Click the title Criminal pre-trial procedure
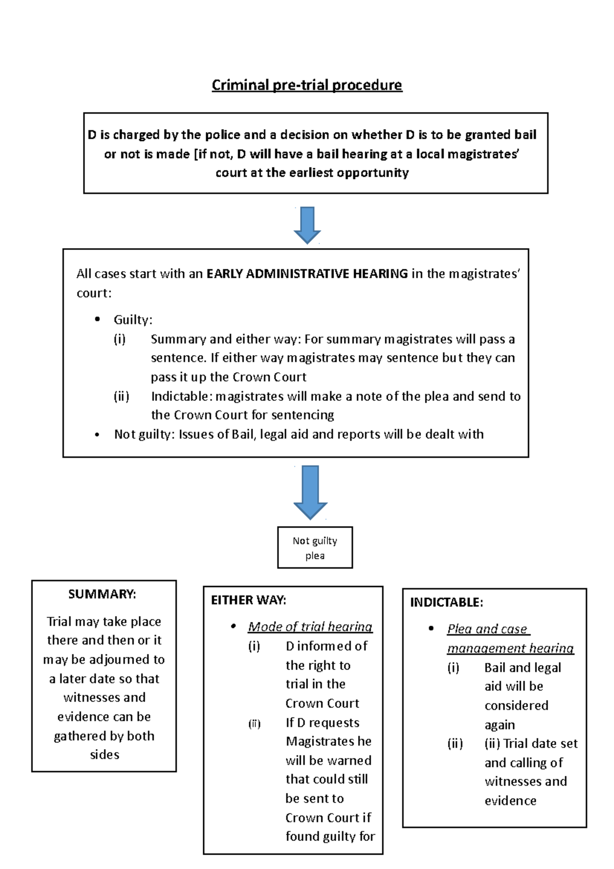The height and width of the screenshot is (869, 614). tap(307, 85)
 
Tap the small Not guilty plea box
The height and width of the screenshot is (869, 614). tap(315, 548)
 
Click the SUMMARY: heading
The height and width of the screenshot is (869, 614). tap(102, 594)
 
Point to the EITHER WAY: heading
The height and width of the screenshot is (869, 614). tap(249, 600)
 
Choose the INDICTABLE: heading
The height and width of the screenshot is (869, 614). tap(446, 602)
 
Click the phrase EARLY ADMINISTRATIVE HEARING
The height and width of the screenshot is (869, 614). tap(307, 274)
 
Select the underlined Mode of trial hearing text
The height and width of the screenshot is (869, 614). tap(310, 627)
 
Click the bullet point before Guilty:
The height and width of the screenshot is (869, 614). tap(97, 320)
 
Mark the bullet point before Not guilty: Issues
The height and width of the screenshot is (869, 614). tap(97, 435)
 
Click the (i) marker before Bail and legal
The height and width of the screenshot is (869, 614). tap(453, 668)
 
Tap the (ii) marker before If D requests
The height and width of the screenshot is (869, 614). tap(254, 724)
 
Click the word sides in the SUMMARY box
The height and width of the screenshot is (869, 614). tap(104, 755)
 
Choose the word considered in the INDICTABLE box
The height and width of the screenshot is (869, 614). tap(516, 706)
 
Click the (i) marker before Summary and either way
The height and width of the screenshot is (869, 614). tap(120, 339)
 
